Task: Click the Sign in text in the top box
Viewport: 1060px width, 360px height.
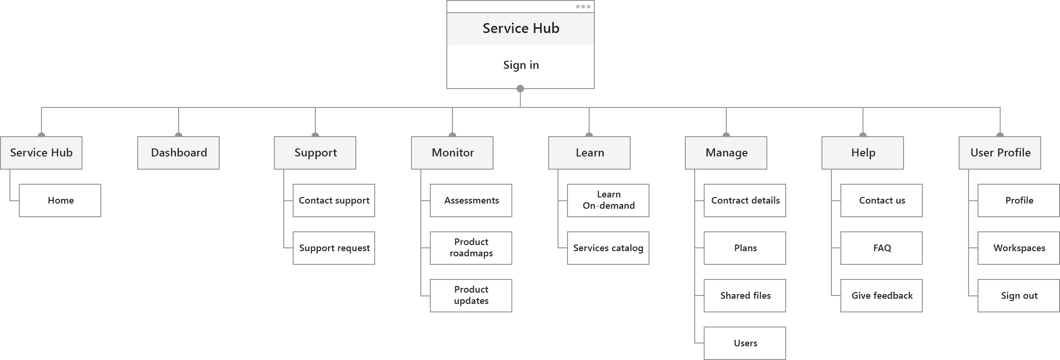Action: pyautogui.click(x=521, y=65)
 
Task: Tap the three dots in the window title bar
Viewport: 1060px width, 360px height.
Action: pyautogui.click(x=583, y=7)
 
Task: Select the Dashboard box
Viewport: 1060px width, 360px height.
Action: pyautogui.click(x=178, y=153)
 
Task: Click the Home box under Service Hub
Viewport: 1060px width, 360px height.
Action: pyautogui.click(x=60, y=200)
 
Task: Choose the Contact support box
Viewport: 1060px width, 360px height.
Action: pyautogui.click(x=334, y=200)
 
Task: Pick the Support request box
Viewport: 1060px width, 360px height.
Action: pyautogui.click(x=334, y=248)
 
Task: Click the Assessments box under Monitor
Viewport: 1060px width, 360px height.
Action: pyautogui.click(x=471, y=200)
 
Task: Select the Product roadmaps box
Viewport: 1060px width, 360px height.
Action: pyautogui.click(x=471, y=248)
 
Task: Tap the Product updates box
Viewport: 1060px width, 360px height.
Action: pyautogui.click(x=471, y=295)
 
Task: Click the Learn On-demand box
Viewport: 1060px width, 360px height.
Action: pyautogui.click(x=608, y=200)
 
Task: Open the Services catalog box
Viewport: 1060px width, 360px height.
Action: pyautogui.click(x=608, y=248)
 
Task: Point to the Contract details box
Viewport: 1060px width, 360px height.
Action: pyautogui.click(x=745, y=200)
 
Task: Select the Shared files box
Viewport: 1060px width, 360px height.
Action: pyautogui.click(x=745, y=295)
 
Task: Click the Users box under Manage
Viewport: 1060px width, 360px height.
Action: pyautogui.click(x=745, y=343)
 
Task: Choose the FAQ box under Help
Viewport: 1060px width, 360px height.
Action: pyautogui.click(x=881, y=248)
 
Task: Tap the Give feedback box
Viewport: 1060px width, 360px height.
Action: pyautogui.click(x=881, y=295)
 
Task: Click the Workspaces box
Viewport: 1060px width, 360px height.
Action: pyautogui.click(x=1019, y=248)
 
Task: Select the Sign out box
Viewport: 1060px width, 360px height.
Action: pyautogui.click(x=1019, y=295)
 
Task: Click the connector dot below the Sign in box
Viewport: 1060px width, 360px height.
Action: pyautogui.click(x=520, y=89)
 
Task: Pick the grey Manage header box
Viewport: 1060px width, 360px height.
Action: pyautogui.click(x=726, y=153)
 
